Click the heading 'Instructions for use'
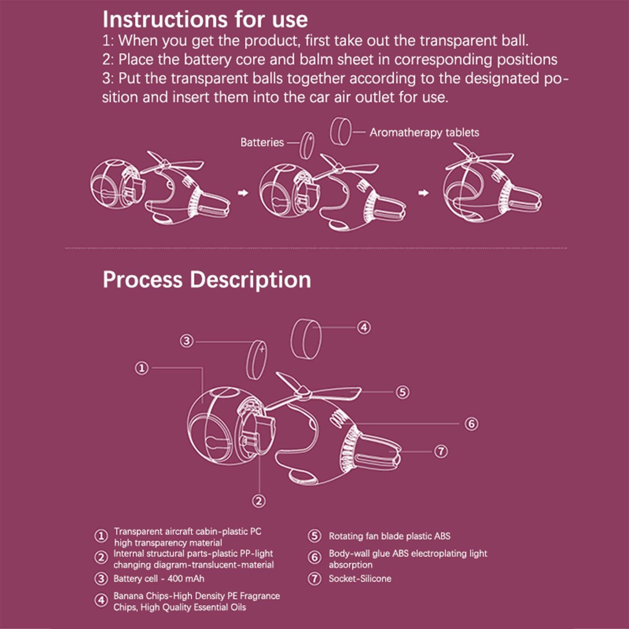205,19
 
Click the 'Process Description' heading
207,280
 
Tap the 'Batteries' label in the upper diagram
262,142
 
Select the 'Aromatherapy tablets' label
424,132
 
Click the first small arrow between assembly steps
243,193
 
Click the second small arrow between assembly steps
423,193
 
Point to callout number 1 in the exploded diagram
142,368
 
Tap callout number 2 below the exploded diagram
259,501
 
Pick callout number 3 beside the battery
187,340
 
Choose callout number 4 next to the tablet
364,327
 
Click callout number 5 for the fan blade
402,392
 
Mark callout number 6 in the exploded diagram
471,424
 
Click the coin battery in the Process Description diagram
257,360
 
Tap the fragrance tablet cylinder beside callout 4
306,339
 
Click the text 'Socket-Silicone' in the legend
360,579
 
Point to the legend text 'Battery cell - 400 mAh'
159,579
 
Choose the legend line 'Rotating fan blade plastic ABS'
390,536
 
